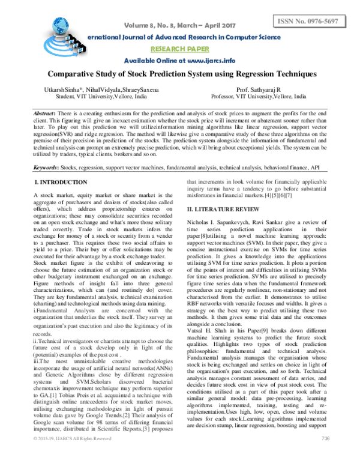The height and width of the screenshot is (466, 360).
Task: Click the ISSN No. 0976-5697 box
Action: [x=314, y=22]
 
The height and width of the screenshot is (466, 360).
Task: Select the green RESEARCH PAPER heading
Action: [x=180, y=50]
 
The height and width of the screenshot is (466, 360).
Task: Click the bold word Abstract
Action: [x=44, y=113]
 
